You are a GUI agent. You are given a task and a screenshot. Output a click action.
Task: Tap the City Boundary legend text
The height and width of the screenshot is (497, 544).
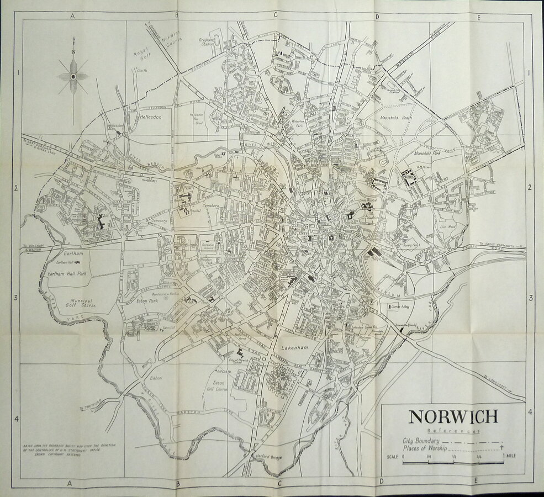coord(421,441)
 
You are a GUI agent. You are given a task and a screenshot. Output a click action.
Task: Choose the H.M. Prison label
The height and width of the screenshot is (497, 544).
coord(424,168)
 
